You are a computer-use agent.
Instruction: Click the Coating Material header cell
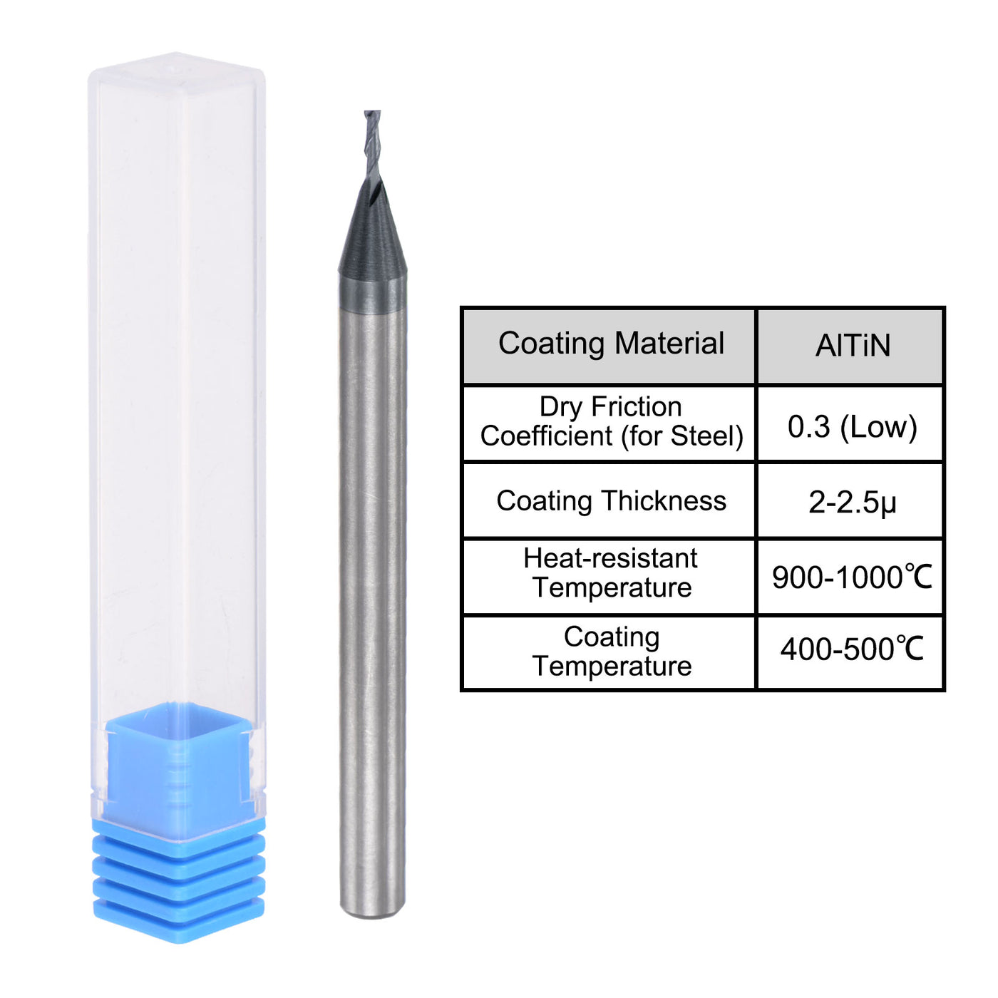610,346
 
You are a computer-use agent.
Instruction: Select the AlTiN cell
851,346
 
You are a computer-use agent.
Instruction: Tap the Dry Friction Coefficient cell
610,423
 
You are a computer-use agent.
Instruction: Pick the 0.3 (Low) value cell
851,426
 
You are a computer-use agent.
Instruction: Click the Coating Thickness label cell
610,501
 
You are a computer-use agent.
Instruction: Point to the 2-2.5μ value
851,503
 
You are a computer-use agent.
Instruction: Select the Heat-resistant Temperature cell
610,574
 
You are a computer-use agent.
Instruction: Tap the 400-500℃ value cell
851,649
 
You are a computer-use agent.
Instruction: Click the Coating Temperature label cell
610,652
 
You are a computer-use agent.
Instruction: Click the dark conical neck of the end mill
373,242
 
